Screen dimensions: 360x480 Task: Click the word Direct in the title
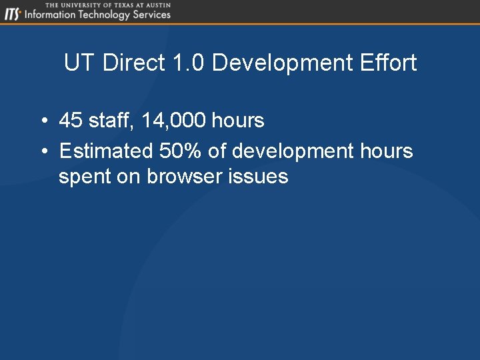tap(135, 63)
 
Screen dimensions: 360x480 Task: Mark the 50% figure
tap(181, 151)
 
